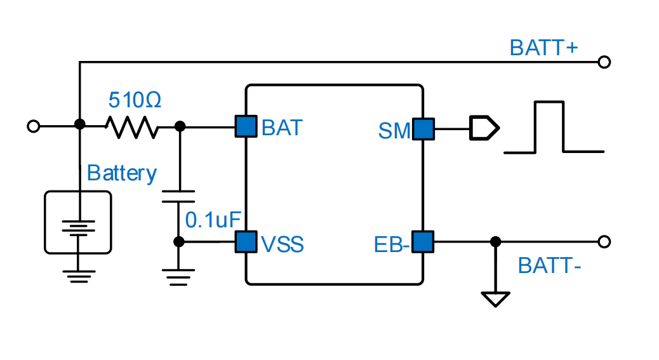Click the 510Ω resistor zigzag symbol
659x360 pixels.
point(131,127)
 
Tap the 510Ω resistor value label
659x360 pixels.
point(135,100)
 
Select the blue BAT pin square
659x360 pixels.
point(246,126)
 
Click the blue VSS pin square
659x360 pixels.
point(246,242)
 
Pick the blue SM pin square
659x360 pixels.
point(423,129)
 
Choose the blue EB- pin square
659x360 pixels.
point(423,242)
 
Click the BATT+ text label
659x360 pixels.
point(543,48)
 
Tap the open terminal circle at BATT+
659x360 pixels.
point(604,62)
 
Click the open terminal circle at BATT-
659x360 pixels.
point(604,242)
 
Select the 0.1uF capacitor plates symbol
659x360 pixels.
point(179,195)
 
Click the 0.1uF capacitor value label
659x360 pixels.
point(213,220)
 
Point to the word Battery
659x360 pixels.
point(122,173)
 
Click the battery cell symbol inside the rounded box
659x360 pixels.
point(77,227)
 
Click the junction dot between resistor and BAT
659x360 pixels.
point(180,127)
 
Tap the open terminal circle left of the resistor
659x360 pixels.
point(34,126)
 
